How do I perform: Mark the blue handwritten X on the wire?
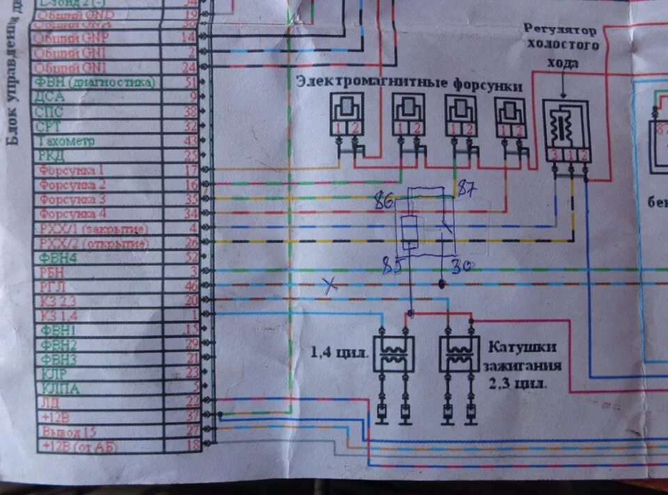pos(331,284)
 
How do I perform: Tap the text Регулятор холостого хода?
pos(566,45)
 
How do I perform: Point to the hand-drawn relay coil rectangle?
pos(411,233)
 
